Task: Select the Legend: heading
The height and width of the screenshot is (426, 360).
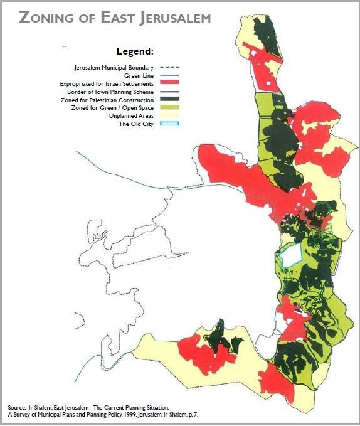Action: click(135, 51)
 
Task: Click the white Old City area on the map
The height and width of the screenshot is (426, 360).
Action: click(288, 256)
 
